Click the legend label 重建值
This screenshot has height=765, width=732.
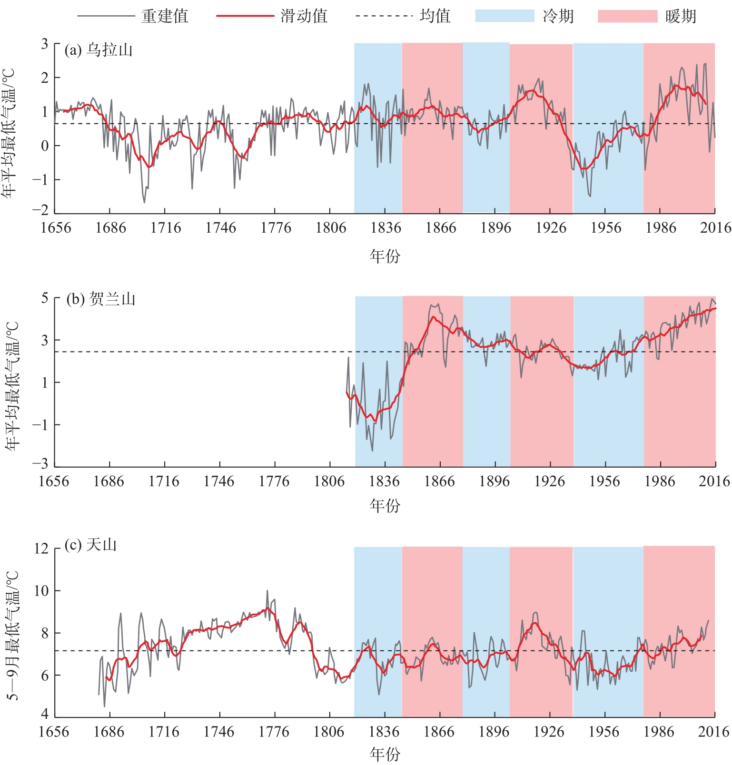[x=165, y=16]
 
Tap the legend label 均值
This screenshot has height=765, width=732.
[x=435, y=16]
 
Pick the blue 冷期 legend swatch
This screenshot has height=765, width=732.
[x=504, y=16]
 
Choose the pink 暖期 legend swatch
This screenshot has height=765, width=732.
[x=627, y=16]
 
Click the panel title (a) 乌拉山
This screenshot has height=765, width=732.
[x=99, y=50]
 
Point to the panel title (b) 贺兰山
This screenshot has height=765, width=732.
[x=101, y=299]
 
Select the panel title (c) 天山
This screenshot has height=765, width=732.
[x=91, y=545]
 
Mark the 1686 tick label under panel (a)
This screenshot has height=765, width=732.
[x=110, y=228]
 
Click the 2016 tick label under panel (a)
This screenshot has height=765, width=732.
[x=715, y=228]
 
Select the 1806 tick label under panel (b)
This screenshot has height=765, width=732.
[x=329, y=481]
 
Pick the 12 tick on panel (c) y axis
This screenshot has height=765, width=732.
[x=41, y=549]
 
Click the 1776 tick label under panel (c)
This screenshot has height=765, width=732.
[x=274, y=731]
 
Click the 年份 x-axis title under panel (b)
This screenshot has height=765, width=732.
[x=385, y=506]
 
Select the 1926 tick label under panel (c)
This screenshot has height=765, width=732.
[x=549, y=731]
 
